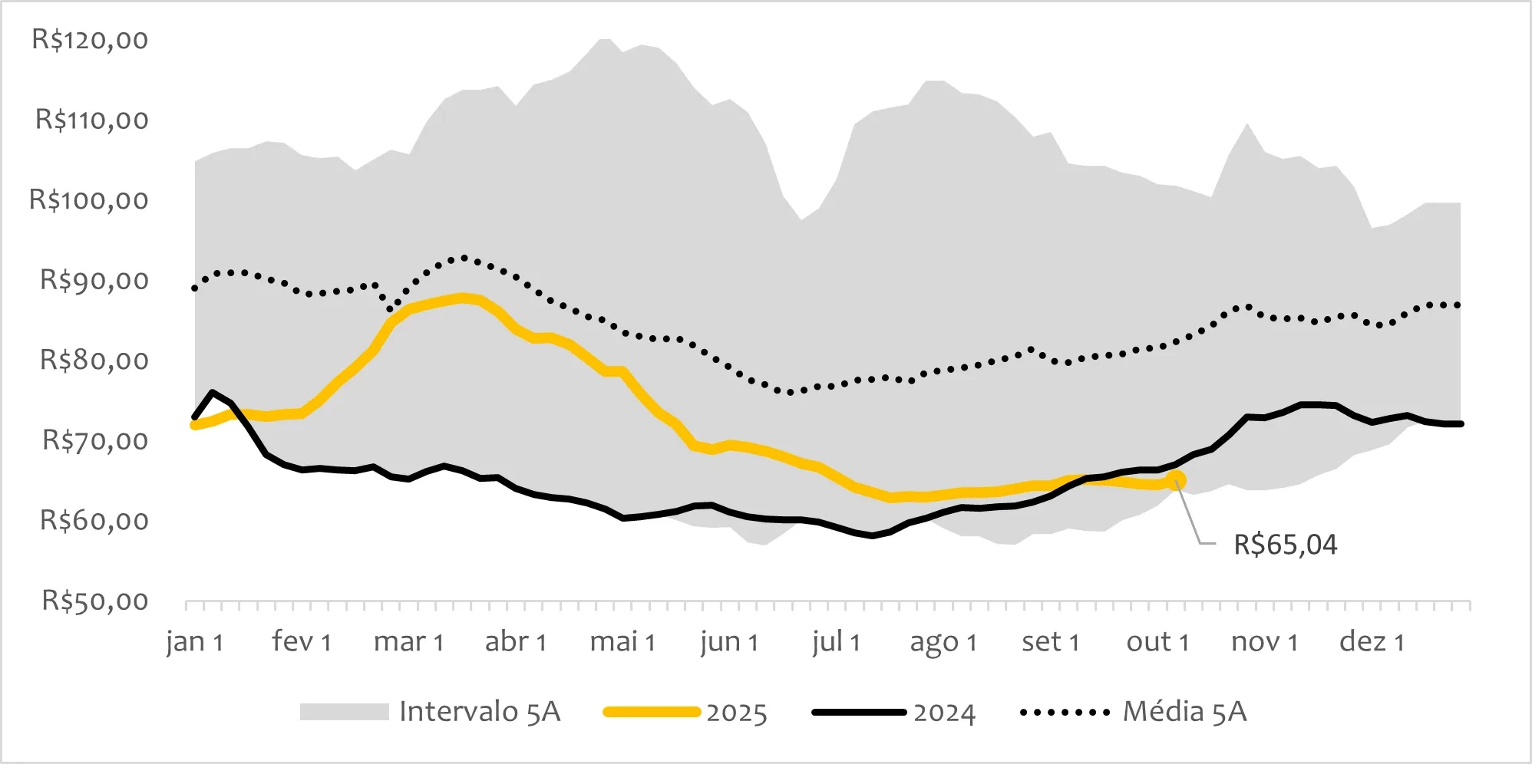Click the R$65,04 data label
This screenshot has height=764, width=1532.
point(1285,545)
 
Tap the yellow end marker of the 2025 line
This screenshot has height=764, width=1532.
point(1176,481)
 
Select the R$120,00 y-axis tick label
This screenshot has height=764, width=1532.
point(90,39)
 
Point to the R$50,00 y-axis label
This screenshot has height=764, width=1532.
point(94,601)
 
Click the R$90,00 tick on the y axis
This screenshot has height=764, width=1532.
point(94,280)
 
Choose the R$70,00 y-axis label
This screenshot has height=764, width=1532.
point(94,440)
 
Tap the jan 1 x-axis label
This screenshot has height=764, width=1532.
point(195,641)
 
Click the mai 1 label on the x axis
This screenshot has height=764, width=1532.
point(622,641)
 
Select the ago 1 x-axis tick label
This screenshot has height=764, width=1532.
point(943,642)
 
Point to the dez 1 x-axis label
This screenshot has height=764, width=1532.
point(1372,641)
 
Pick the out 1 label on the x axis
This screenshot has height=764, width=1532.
point(1157,641)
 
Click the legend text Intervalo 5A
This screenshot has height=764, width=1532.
point(480,712)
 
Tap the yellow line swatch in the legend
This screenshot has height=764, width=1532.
point(652,712)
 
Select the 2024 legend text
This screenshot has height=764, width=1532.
point(944,713)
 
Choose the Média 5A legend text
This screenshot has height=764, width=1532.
point(1184,712)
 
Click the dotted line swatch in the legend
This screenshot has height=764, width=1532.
point(1065,713)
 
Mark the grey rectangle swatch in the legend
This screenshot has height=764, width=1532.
point(344,712)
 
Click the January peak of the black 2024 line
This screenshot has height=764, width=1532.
point(212,392)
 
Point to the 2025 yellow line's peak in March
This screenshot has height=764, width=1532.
point(463,298)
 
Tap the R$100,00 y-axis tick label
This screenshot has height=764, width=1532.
point(89,199)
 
